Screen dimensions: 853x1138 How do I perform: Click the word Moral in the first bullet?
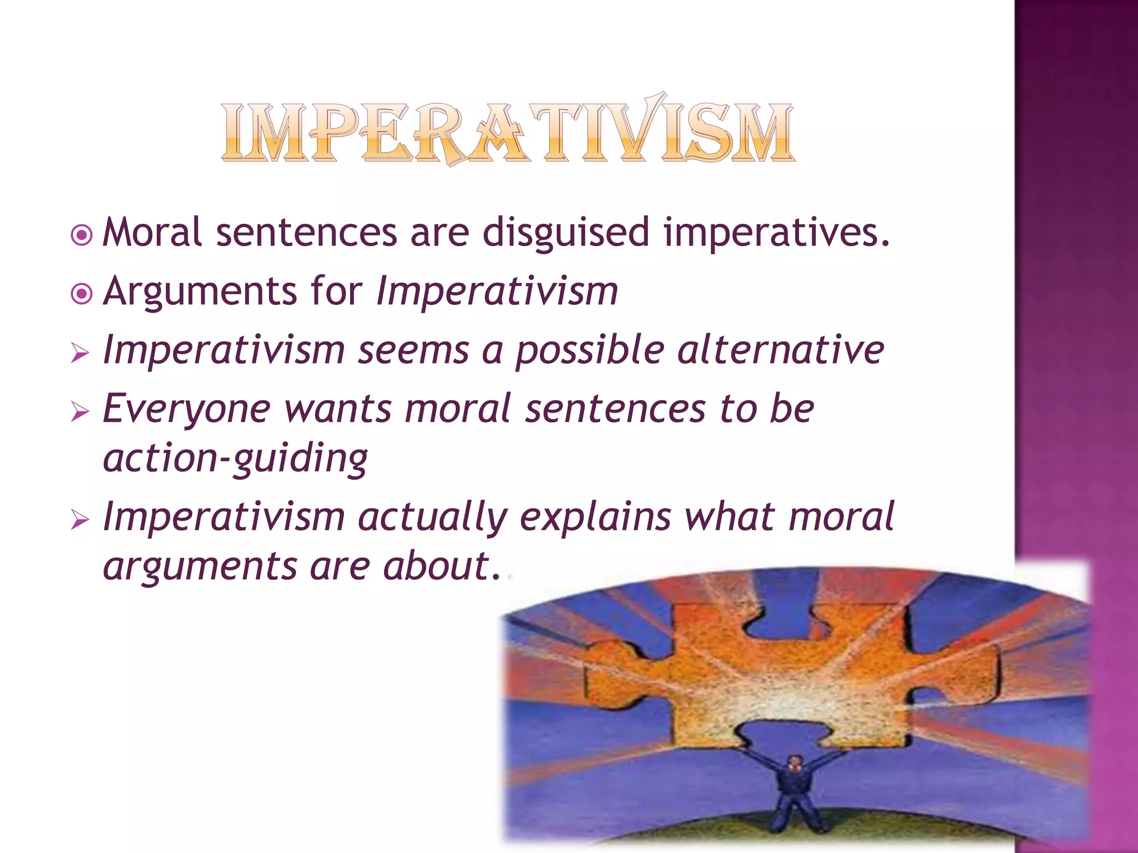click(152, 232)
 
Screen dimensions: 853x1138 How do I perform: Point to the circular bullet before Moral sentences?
click(82, 235)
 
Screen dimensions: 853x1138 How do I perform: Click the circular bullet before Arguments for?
click(82, 294)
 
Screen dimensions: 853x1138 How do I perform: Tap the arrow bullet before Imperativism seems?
click(81, 353)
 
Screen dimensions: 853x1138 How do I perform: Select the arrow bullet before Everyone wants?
click(81, 412)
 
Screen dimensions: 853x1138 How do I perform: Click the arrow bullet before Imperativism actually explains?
click(81, 520)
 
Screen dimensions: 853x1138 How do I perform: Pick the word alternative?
click(780, 350)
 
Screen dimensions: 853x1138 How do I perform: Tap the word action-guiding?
click(235, 459)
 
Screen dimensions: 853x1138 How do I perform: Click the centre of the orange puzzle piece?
click(789, 678)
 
